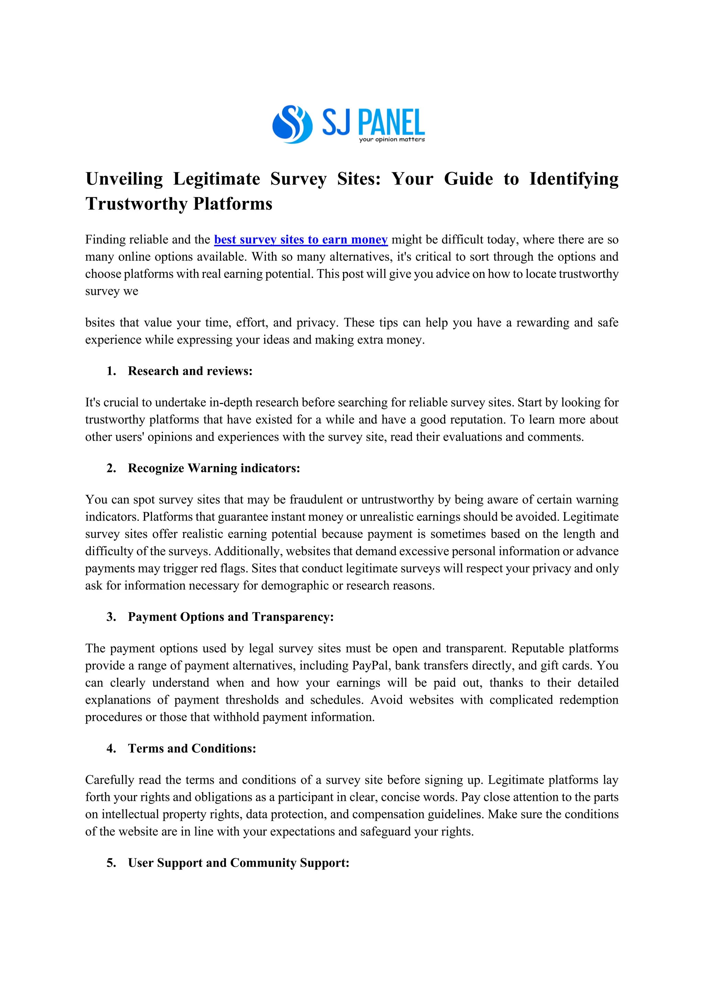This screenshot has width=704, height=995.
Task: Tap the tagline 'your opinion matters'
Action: pos(392,139)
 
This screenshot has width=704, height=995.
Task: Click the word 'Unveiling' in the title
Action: pos(124,179)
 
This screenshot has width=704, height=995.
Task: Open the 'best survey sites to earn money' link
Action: pos(300,240)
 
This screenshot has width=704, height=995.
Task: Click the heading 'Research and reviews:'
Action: pos(190,371)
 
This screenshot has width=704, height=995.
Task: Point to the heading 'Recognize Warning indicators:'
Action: pos(214,468)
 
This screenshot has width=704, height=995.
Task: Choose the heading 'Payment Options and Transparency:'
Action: pos(231,617)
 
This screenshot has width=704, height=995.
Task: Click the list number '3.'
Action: pos(111,617)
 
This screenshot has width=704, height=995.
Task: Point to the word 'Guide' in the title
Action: pos(468,179)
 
